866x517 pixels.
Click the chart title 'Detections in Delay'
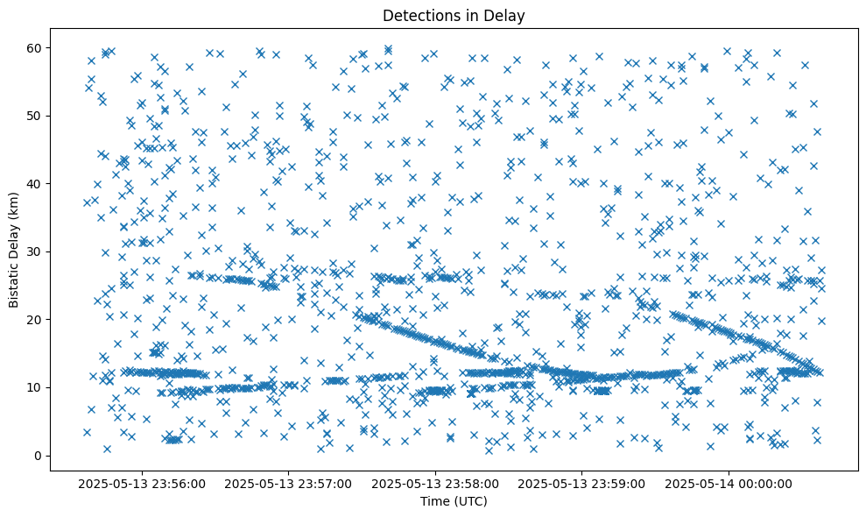point(454,15)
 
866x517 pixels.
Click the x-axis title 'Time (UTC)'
point(454,501)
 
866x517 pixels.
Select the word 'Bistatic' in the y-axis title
point(14,283)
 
